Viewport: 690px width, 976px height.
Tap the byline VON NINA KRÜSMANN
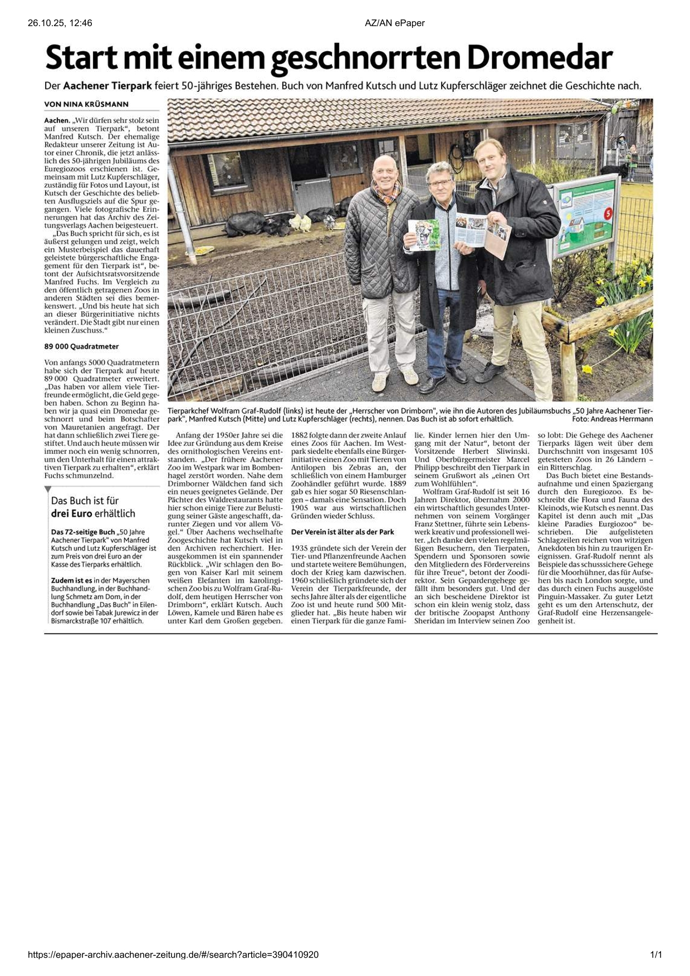point(86,104)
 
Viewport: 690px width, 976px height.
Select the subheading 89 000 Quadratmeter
point(81,346)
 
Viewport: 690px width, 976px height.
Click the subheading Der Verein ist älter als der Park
point(342,532)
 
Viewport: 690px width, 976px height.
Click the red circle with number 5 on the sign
point(608,212)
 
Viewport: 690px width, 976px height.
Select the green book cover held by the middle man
point(423,234)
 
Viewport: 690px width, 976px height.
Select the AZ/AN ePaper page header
point(394,23)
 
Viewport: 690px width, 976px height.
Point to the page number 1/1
point(656,955)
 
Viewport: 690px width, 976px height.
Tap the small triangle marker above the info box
point(47,489)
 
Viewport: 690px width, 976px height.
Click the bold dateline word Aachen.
point(57,120)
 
